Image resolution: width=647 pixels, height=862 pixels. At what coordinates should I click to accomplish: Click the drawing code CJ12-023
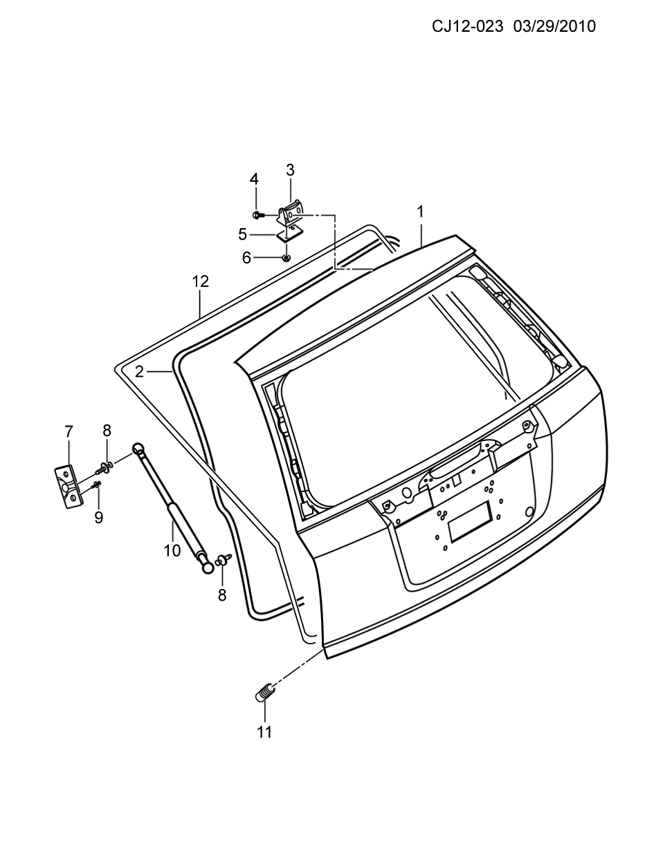(467, 27)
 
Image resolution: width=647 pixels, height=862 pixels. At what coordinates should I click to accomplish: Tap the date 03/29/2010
(555, 27)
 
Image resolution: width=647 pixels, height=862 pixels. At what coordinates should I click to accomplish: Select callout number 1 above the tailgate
(421, 212)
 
